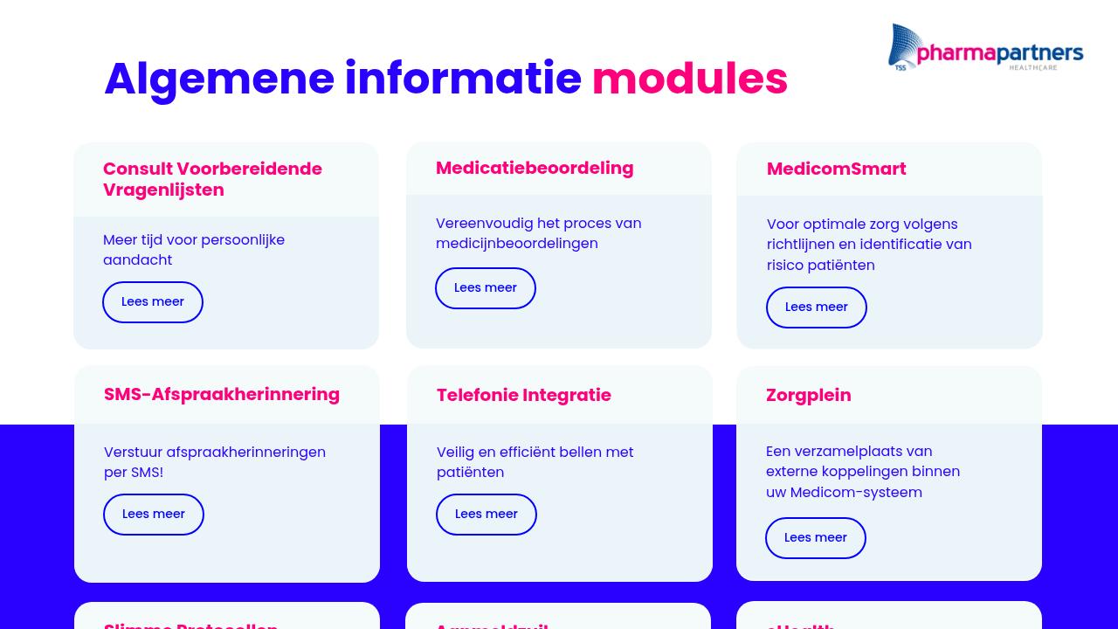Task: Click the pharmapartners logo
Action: pyautogui.click(x=985, y=48)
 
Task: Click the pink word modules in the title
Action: pyautogui.click(x=689, y=79)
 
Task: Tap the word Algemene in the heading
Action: pyautogui.click(x=218, y=79)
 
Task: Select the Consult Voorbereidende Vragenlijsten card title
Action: pyautogui.click(x=212, y=179)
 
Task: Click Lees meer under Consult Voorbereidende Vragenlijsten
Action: pyautogui.click(x=153, y=302)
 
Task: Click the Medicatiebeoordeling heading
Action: pyautogui.click(x=535, y=168)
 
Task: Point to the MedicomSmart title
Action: pyautogui.click(x=836, y=169)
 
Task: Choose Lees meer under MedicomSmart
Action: pyautogui.click(x=817, y=308)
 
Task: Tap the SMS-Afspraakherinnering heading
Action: pyautogui.click(x=222, y=394)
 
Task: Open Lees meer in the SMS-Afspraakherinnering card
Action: pyautogui.click(x=154, y=515)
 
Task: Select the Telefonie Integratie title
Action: pyautogui.click(x=524, y=395)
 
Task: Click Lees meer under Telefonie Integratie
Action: pyautogui.click(x=487, y=515)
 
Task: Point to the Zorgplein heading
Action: pyautogui.click(x=809, y=395)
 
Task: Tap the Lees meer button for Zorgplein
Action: pyautogui.click(x=816, y=538)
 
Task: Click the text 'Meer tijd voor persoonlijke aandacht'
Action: pyautogui.click(x=194, y=250)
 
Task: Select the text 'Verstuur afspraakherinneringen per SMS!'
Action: pyautogui.click(x=215, y=462)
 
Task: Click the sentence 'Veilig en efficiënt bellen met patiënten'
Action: pyautogui.click(x=535, y=462)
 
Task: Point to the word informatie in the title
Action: pyautogui.click(x=463, y=79)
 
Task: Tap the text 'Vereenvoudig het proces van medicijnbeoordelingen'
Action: pyautogui.click(x=538, y=233)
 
